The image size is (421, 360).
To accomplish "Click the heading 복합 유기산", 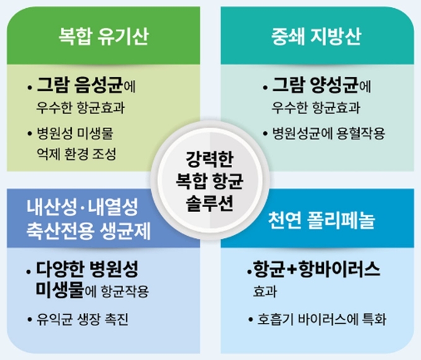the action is [103, 36].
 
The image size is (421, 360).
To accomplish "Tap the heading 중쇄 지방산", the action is [316, 36].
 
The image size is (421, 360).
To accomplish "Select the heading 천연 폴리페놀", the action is [321, 221].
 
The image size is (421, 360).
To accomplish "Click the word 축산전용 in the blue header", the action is [60, 231].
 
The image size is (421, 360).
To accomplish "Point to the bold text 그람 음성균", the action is [80, 85].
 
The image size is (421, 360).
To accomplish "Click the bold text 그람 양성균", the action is [315, 85].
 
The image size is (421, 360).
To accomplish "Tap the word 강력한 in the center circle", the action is [210, 159].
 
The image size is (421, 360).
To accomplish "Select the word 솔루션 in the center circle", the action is [210, 203].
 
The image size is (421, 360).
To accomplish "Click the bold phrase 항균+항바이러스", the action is [316, 269].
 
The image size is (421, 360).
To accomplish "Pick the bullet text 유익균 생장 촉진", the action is [82, 319].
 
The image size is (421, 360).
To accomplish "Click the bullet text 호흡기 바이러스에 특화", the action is [322, 319].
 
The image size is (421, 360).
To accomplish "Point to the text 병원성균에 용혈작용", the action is [329, 133].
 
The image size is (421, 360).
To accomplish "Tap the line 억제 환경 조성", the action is [77, 154].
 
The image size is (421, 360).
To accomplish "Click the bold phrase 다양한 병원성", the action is [87, 269].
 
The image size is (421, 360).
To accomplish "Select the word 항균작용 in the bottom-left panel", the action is [125, 291].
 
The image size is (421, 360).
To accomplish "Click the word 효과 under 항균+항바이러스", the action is [265, 291].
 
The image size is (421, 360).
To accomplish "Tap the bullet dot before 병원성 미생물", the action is [30, 133].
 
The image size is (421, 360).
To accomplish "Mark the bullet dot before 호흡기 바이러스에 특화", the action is [251, 320].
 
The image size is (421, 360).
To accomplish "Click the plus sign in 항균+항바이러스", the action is [292, 269].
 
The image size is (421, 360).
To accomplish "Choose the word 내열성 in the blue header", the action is [113, 207].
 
